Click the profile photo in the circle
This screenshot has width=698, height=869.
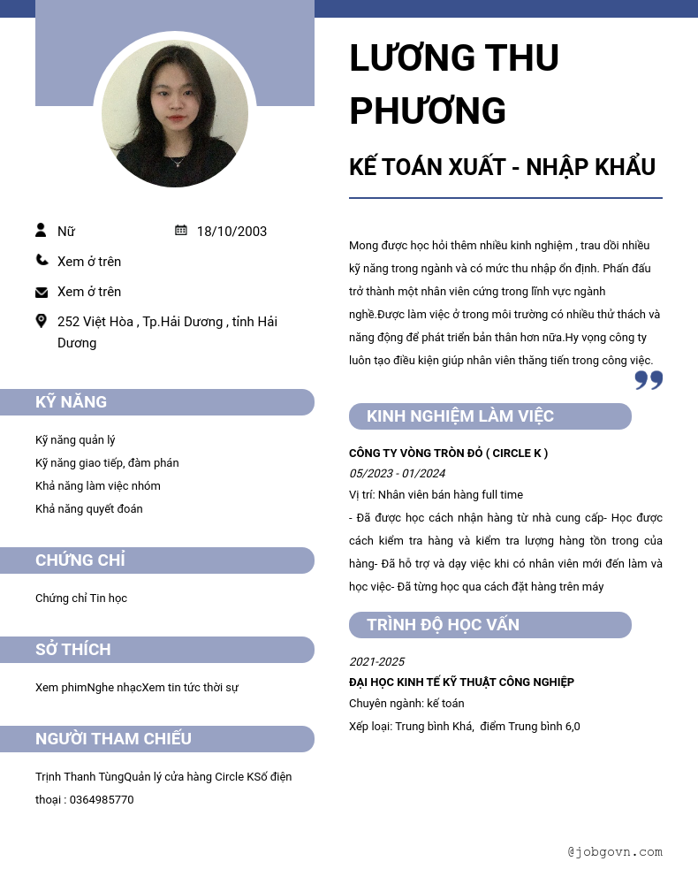click(175, 114)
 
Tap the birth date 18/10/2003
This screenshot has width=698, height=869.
click(231, 232)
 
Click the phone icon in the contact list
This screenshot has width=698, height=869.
click(42, 260)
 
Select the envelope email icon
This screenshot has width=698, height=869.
click(42, 293)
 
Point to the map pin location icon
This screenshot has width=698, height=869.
click(41, 321)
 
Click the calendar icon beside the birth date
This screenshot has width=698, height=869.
click(181, 231)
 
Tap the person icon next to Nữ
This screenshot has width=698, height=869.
click(41, 231)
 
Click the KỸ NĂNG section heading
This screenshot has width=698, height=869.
click(71, 402)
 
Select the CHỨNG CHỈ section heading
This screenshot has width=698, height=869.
click(80, 560)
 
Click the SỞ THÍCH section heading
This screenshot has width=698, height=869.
click(73, 650)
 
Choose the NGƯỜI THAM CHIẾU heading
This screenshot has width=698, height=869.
click(113, 739)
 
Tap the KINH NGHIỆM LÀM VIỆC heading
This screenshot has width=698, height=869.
click(460, 416)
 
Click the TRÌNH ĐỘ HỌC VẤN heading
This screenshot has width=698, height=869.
click(443, 625)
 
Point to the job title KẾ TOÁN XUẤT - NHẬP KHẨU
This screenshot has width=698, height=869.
click(502, 167)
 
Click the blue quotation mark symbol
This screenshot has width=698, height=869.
click(649, 380)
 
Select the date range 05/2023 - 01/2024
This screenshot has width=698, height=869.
click(397, 474)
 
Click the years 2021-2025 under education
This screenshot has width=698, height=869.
click(376, 662)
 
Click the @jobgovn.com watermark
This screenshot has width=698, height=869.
click(615, 852)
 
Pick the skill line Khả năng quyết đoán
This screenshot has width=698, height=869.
click(89, 509)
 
